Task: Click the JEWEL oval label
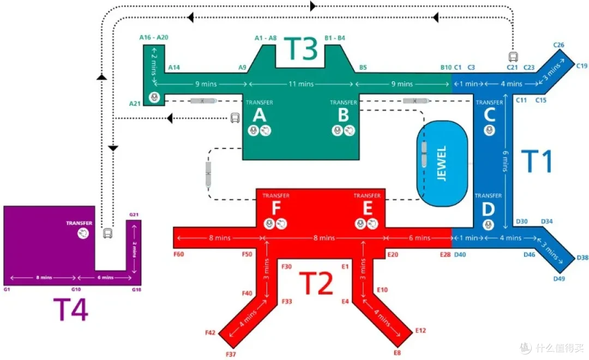[442, 164]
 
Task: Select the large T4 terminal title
[70, 309]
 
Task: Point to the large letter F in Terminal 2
[276, 208]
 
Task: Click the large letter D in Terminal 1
[488, 209]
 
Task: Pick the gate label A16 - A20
[154, 37]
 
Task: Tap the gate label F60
[179, 254]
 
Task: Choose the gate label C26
[558, 45]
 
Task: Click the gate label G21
[134, 214]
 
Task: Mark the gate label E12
[420, 331]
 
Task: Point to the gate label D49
[559, 279]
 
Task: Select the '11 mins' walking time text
[301, 84]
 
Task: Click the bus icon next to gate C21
[513, 57]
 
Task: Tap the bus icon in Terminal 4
[108, 233]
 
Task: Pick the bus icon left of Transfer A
[235, 118]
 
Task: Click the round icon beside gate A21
[154, 97]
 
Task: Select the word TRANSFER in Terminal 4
[79, 223]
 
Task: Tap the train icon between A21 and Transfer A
[203, 101]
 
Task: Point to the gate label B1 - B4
[335, 38]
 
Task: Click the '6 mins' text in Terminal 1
[506, 161]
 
